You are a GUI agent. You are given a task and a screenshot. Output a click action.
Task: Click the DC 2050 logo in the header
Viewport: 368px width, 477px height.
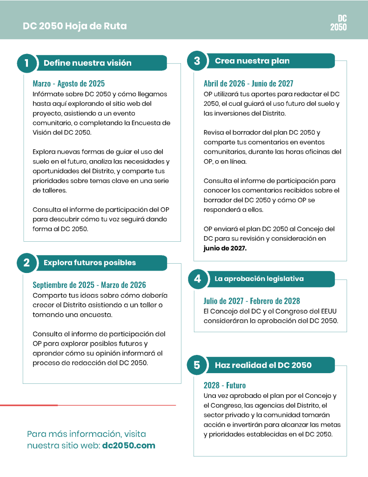coord(338,23)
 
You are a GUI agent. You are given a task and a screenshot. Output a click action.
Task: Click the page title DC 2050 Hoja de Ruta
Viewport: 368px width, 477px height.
coord(74,26)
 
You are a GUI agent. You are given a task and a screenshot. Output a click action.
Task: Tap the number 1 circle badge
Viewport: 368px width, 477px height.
coord(27,63)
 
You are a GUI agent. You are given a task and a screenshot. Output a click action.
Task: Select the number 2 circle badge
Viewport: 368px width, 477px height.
coord(27,263)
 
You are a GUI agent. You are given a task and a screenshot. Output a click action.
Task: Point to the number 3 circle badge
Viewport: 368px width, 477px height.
coord(197,61)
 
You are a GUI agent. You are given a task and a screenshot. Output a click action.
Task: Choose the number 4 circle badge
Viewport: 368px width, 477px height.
coord(197,279)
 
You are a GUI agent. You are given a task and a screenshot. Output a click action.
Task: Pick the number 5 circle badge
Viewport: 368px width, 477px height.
coord(197,365)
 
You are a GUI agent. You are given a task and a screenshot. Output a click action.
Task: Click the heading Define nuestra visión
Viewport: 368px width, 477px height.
coord(87,63)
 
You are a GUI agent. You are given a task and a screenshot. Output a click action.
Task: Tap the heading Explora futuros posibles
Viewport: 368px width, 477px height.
coord(90,263)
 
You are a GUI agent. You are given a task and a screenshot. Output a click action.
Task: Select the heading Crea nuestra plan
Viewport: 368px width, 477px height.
coord(252,61)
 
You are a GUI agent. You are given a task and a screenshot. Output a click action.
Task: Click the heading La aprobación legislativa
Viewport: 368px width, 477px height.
coord(259,279)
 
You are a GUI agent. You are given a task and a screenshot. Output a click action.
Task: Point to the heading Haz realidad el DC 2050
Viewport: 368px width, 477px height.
coord(263,365)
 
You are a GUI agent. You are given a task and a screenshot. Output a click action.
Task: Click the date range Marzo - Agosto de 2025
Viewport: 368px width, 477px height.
coord(69,84)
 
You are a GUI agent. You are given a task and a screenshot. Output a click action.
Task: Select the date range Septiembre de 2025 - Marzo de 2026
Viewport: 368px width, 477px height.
coord(89,285)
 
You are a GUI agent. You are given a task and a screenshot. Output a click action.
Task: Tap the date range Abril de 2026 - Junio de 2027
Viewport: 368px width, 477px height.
coord(248,83)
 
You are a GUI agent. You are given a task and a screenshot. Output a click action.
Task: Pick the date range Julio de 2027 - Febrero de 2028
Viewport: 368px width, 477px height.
coord(252,301)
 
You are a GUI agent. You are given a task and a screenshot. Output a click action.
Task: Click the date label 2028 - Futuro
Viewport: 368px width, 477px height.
coord(225,385)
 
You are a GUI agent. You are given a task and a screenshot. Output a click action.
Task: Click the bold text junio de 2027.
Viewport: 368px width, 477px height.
coord(225,248)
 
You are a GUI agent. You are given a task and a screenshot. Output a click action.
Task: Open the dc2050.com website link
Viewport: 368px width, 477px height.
coord(128,445)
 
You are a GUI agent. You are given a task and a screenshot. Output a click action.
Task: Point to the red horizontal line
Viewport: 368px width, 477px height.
coord(88,405)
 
